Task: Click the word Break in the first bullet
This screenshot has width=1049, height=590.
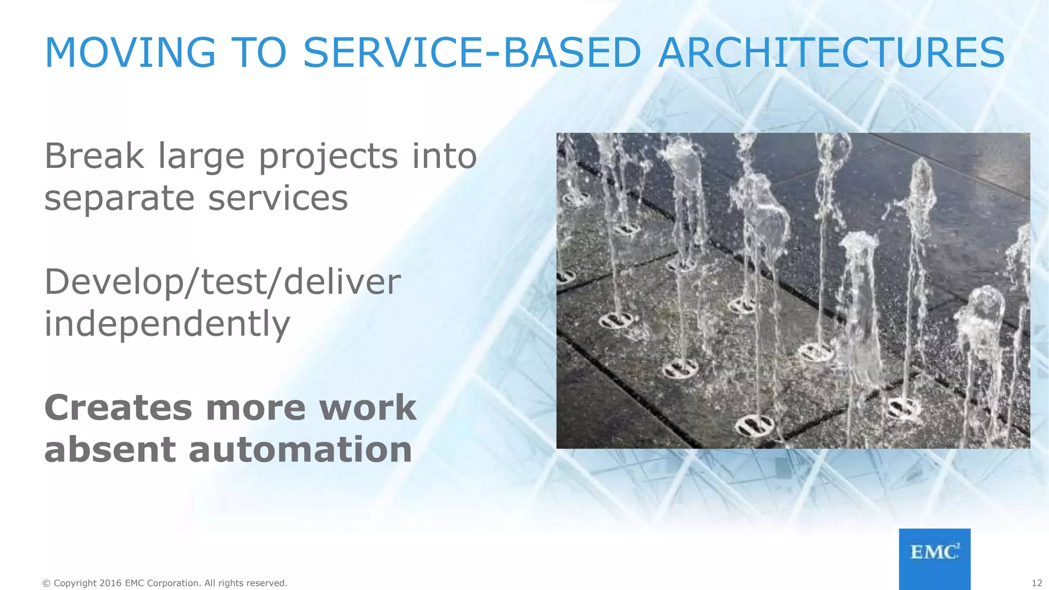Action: coord(94,156)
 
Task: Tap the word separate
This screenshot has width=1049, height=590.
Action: coord(119,199)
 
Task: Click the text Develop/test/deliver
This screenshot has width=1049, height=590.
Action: coord(222,283)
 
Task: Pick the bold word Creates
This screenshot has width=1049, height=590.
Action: coord(118,408)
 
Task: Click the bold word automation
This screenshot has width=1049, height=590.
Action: coord(300,450)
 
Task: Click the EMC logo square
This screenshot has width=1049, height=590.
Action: coord(934,559)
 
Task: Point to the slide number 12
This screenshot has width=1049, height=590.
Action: coord(1037,583)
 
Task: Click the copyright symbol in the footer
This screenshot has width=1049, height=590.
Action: coord(47,583)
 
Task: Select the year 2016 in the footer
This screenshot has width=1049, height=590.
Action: coord(111,583)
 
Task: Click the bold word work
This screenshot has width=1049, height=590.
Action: coord(367,408)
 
